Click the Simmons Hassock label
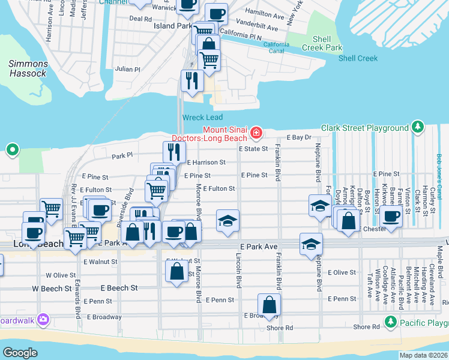tap(28, 68)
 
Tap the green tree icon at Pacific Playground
tap(391, 323)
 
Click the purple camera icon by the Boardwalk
tap(43, 320)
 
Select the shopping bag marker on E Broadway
tap(270, 304)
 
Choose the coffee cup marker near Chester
tap(391, 217)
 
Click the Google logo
tap(20, 352)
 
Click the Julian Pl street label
tap(127, 69)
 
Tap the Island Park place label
tap(172, 26)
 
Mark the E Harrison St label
tap(206, 162)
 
